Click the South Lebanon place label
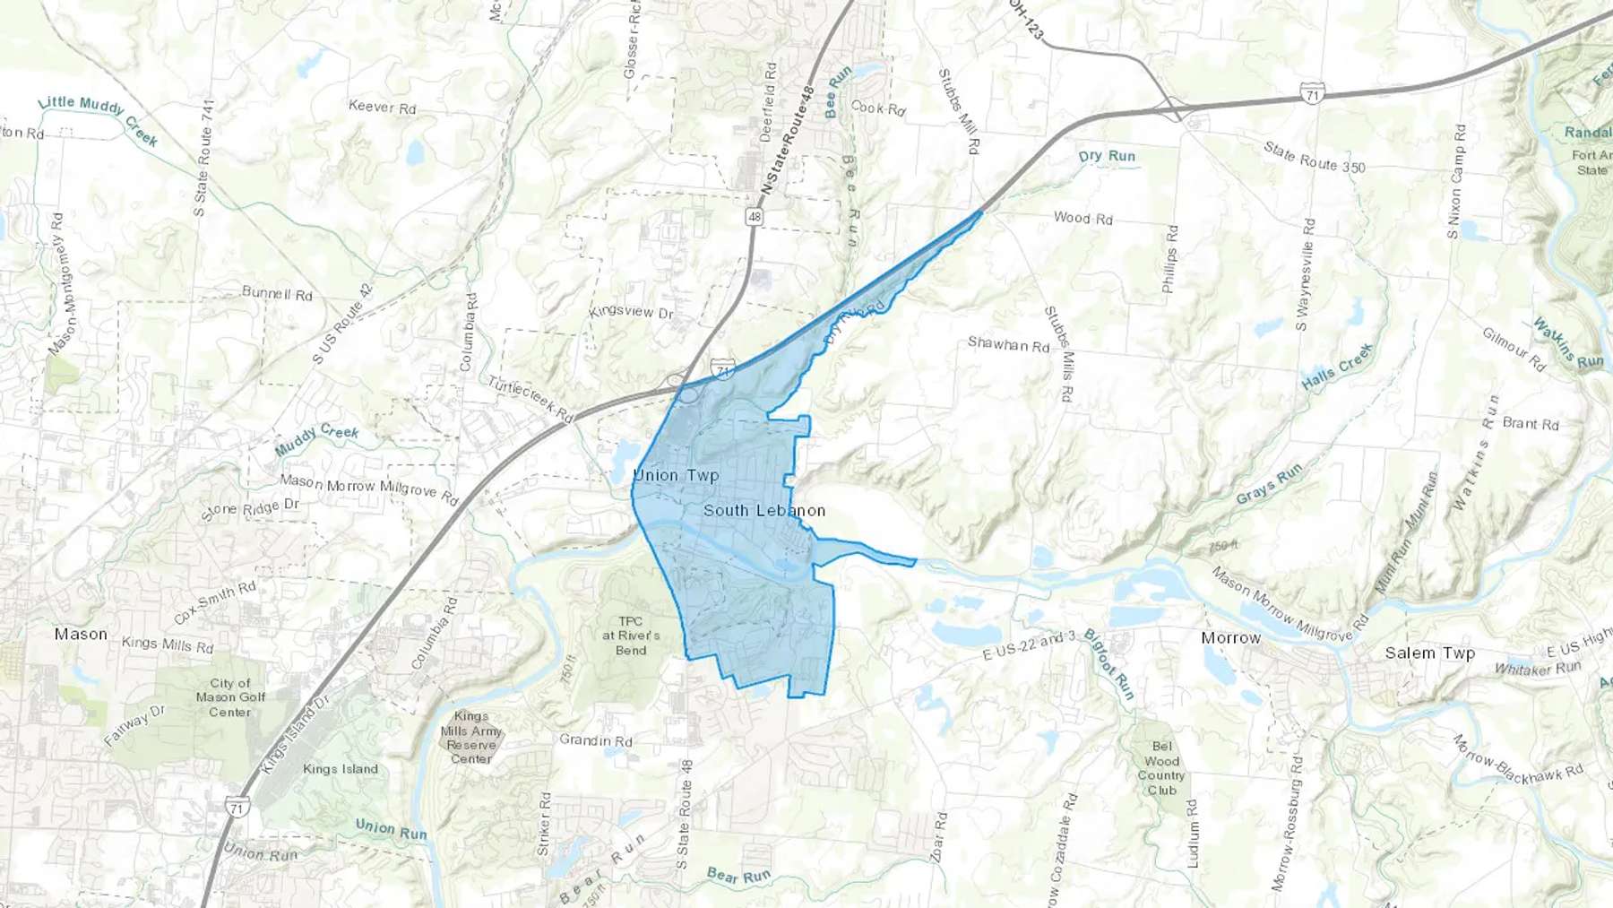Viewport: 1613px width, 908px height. (x=764, y=510)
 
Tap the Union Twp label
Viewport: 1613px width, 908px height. (x=676, y=475)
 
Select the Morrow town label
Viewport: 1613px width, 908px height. (x=1230, y=637)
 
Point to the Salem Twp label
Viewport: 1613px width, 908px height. (x=1429, y=653)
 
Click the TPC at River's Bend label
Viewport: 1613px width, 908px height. (x=631, y=636)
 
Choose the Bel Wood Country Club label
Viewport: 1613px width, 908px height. (x=1161, y=768)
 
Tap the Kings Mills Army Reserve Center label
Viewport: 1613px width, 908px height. (x=471, y=738)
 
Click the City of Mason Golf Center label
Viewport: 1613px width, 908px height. (x=230, y=697)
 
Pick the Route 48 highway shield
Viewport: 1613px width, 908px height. (x=755, y=217)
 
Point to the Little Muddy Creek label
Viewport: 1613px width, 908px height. (x=98, y=119)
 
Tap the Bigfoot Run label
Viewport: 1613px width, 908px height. (x=1109, y=664)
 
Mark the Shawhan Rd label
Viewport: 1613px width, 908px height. (x=1008, y=344)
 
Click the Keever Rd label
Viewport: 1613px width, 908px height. (x=382, y=107)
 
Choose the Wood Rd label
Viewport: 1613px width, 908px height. (x=1083, y=218)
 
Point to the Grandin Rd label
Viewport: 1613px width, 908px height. (x=596, y=740)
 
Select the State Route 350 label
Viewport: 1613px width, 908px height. (x=1315, y=156)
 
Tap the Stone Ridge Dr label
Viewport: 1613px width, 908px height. (x=251, y=509)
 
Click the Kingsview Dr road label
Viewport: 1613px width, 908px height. (x=631, y=312)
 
